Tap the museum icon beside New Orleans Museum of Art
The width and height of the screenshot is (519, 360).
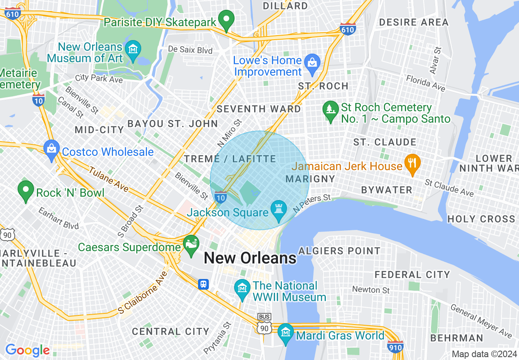pyautogui.click(x=133, y=49)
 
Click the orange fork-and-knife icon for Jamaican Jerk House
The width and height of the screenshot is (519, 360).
pyautogui.click(x=413, y=163)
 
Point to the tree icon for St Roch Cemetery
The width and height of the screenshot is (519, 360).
pyautogui.click(x=330, y=110)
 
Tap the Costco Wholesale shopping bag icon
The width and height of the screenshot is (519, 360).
pyautogui.click(x=52, y=148)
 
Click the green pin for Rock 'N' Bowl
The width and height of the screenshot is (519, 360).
pyautogui.click(x=26, y=190)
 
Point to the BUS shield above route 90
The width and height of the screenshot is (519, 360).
pyautogui.click(x=264, y=317)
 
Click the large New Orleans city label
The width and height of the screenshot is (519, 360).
pyautogui.click(x=250, y=258)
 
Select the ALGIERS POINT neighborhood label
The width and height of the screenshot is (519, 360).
pyautogui.click(x=339, y=250)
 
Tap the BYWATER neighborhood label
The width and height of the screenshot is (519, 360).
pyautogui.click(x=386, y=190)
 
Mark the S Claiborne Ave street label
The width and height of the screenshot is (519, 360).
pyautogui.click(x=143, y=293)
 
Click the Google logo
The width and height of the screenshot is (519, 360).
pyautogui.click(x=27, y=350)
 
